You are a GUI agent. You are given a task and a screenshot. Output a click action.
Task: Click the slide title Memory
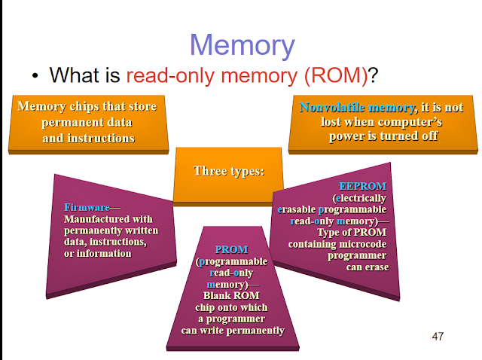tap(241, 44)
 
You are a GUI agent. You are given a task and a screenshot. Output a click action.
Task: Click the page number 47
tap(438, 336)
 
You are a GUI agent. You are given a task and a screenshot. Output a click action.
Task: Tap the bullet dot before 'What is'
tap(35, 76)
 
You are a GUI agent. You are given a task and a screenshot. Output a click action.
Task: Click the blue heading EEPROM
tap(363, 185)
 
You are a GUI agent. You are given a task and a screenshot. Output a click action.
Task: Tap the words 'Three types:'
tap(229, 170)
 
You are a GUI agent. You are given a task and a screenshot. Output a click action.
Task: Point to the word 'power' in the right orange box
tap(346, 137)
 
